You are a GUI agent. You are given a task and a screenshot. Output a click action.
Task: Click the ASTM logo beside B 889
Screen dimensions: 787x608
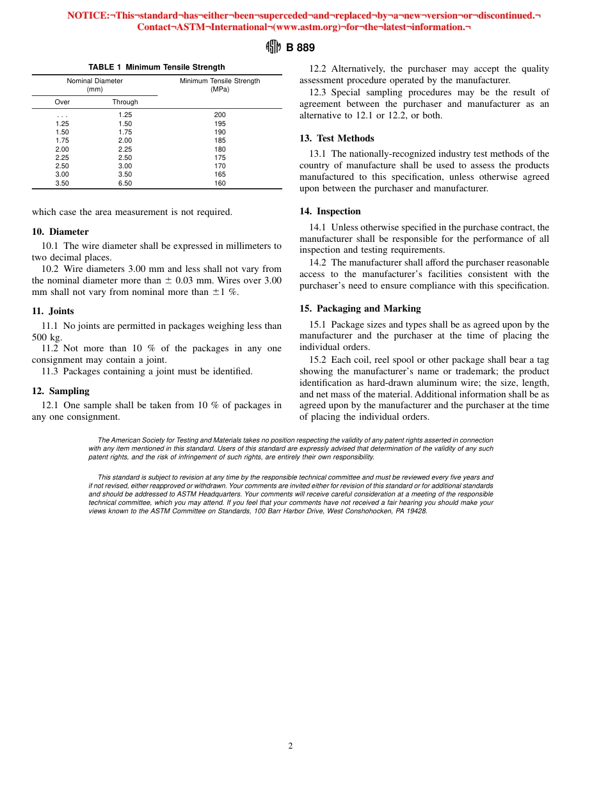[273, 47]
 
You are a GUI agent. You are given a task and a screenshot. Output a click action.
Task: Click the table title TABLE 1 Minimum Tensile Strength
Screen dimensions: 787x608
[156, 67]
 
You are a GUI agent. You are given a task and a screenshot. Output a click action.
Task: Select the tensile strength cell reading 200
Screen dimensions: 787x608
[220, 115]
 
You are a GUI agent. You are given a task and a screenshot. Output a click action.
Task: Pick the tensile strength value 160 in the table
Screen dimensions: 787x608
[220, 183]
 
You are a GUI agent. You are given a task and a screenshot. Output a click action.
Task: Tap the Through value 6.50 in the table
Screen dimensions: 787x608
[125, 183]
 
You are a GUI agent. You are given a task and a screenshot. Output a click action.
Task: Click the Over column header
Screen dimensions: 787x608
[62, 102]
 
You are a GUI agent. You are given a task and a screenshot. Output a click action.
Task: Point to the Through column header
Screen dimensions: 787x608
[125, 102]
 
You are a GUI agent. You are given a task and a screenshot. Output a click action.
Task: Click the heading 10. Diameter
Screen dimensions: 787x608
[60, 232]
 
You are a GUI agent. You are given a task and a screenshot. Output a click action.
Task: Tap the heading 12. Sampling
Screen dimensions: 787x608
[60, 391]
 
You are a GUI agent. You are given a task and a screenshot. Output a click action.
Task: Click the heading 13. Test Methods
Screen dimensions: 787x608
[337, 138]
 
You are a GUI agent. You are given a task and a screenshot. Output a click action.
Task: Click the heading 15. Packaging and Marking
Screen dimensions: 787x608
[360, 308]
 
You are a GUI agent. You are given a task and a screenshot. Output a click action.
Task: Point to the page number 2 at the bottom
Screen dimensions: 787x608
[291, 745]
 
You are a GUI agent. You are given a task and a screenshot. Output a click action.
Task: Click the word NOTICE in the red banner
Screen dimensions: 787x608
[88, 15]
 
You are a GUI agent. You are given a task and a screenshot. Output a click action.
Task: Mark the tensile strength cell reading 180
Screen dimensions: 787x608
[220, 149]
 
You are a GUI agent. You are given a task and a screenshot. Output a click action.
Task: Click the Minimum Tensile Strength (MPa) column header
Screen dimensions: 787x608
[220, 85]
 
